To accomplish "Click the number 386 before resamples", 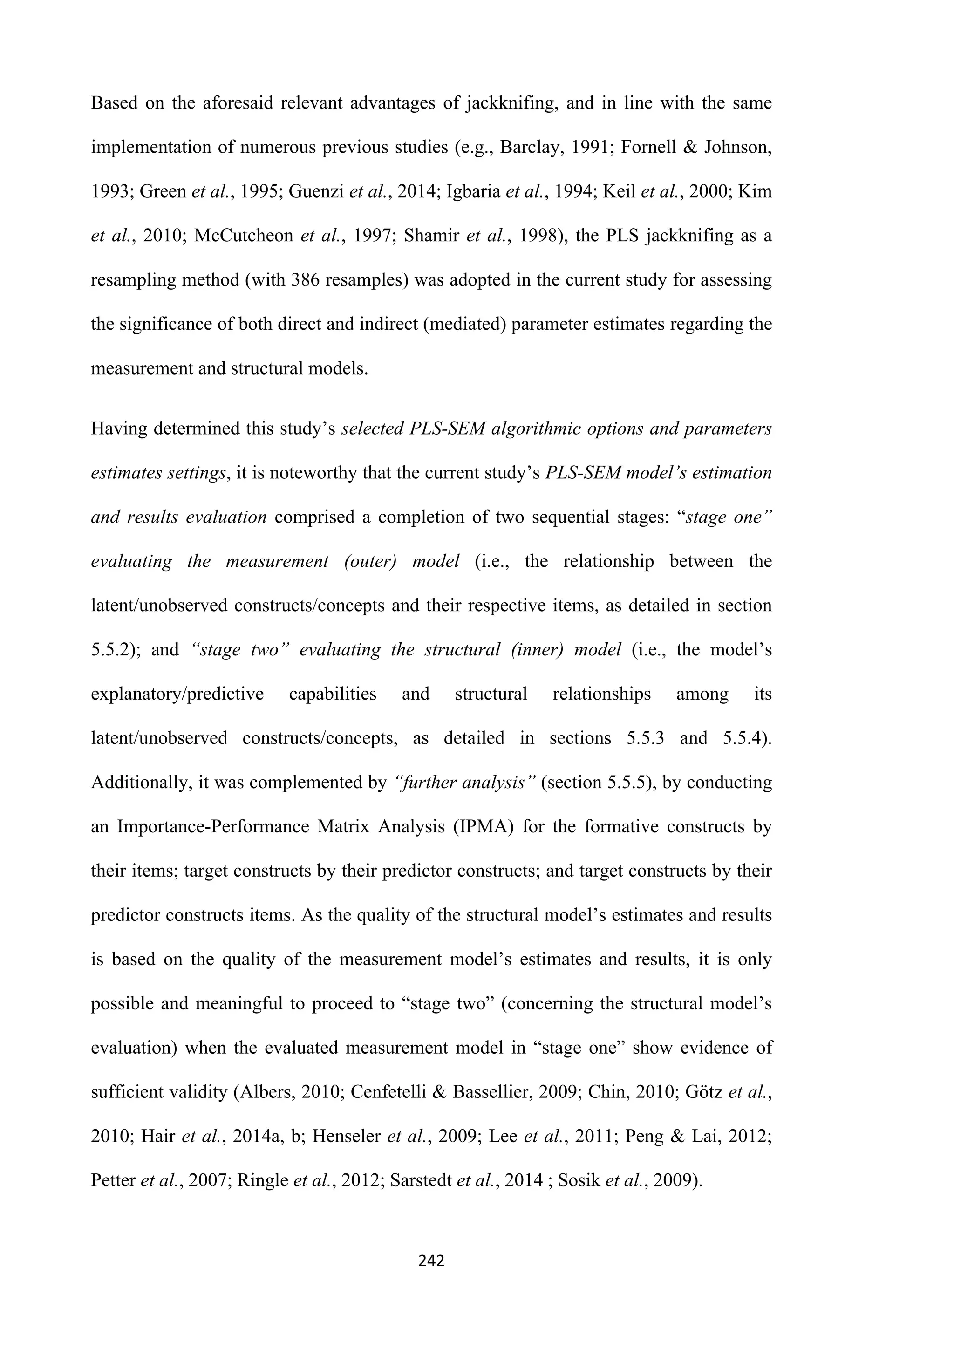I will click(x=306, y=280).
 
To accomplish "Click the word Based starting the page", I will click(x=115, y=103).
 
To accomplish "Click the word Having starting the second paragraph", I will click(x=119, y=429).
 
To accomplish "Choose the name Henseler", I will click(x=347, y=1136).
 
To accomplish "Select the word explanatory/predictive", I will click(x=177, y=695).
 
